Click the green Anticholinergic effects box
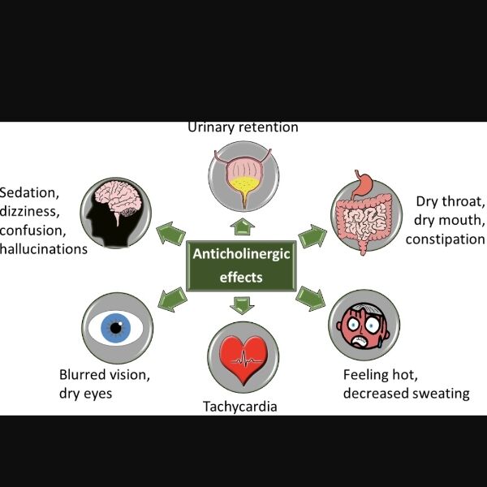click(241, 265)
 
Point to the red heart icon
click(243, 357)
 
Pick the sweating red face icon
click(364, 323)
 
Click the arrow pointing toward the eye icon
click(170, 296)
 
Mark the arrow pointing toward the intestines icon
click(312, 237)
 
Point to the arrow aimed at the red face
click(310, 297)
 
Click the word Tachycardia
click(239, 406)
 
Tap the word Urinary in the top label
click(213, 127)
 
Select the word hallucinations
click(43, 248)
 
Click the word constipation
click(445, 239)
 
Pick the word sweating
click(440, 393)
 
